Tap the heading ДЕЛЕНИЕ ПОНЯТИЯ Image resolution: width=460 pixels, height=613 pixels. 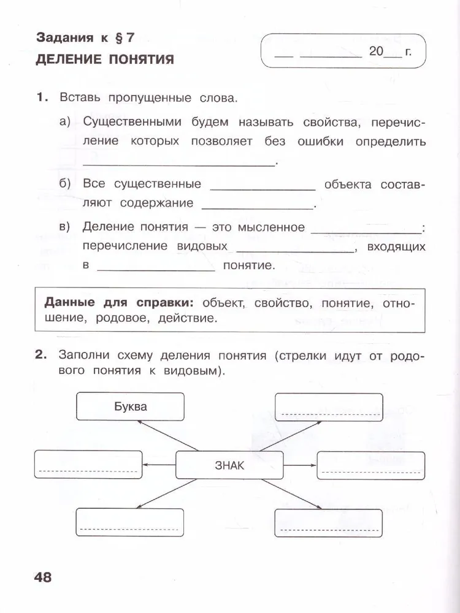tap(104, 59)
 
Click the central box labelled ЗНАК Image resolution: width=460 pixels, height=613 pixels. tap(229, 466)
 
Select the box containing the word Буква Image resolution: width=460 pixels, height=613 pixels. tap(130, 406)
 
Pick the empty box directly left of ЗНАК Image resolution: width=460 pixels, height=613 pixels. tap(88, 465)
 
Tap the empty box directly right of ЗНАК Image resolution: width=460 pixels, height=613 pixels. tap(371, 465)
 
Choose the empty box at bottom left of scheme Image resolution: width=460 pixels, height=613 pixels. tap(130, 523)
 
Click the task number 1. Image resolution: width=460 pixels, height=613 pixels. tap(41, 97)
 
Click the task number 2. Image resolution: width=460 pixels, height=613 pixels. tap(41, 355)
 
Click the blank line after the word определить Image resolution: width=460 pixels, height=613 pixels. tap(179, 162)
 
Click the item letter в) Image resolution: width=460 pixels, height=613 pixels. tap(66, 227)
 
